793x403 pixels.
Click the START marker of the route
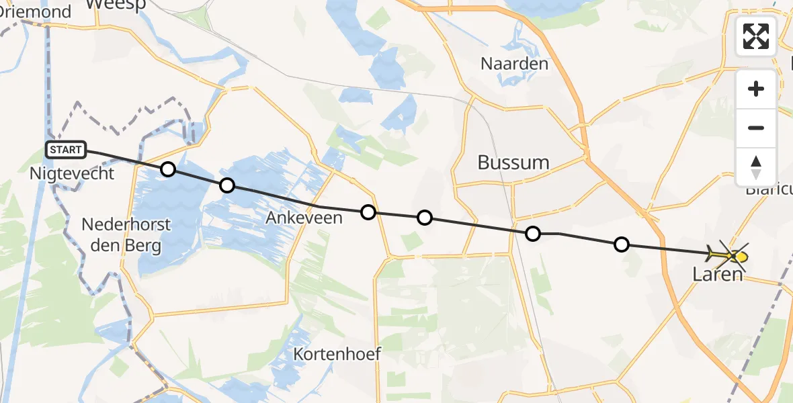pyautogui.click(x=66, y=150)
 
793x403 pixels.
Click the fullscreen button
pyautogui.click(x=756, y=36)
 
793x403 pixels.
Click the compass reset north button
pyautogui.click(x=756, y=167)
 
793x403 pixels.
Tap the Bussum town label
pyautogui.click(x=513, y=163)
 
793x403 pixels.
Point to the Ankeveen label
pyautogui.click(x=304, y=218)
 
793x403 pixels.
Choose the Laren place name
pyautogui.click(x=718, y=274)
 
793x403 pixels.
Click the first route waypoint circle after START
pyautogui.click(x=168, y=169)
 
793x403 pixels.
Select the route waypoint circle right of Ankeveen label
pyautogui.click(x=368, y=212)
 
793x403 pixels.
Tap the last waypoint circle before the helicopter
pyautogui.click(x=622, y=244)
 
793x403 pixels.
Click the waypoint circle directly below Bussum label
pyautogui.click(x=532, y=234)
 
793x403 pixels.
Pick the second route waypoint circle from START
pyautogui.click(x=227, y=185)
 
